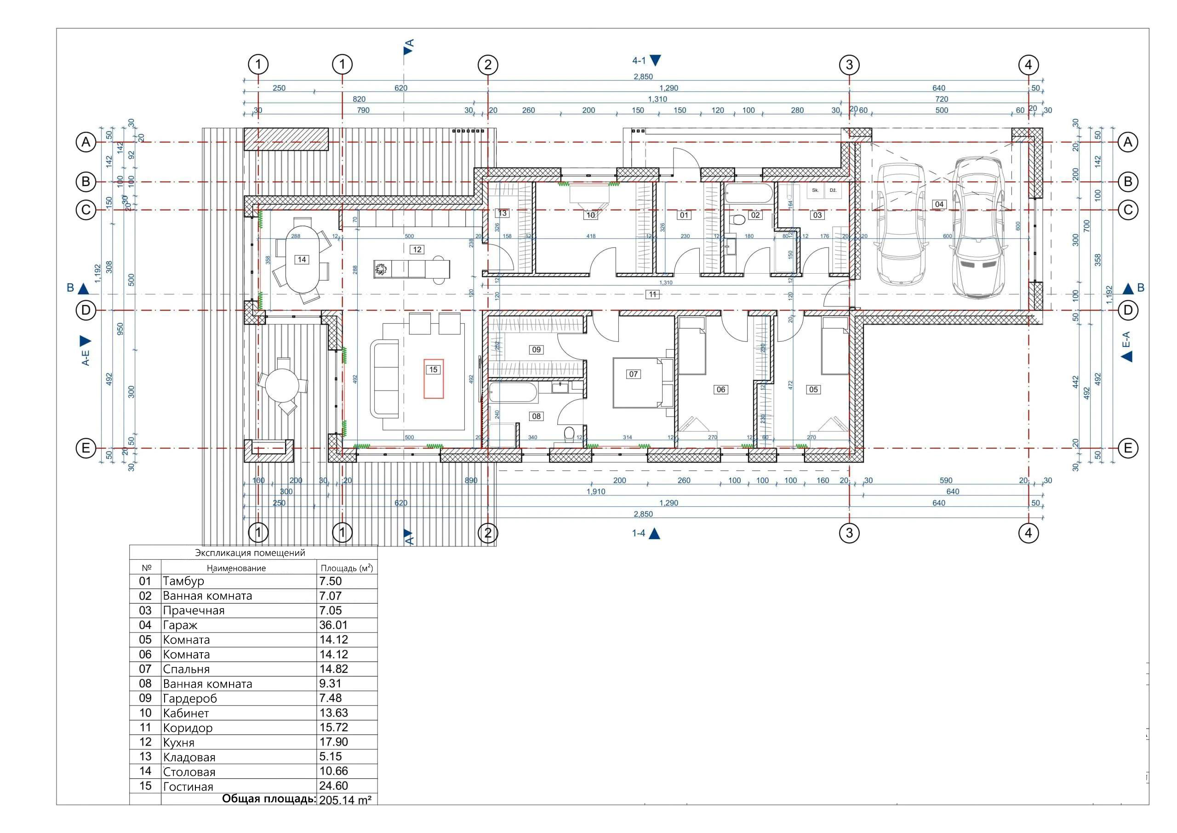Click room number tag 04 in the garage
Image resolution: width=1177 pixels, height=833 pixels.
(x=939, y=204)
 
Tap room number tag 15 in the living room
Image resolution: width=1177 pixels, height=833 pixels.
(x=433, y=369)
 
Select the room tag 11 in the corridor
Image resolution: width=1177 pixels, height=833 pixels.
(x=652, y=294)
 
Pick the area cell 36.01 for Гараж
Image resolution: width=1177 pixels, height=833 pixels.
(x=334, y=625)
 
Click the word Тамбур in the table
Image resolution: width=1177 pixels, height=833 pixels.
(x=183, y=581)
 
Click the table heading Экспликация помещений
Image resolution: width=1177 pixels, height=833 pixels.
(x=250, y=552)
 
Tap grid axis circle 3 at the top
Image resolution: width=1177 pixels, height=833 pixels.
(x=849, y=65)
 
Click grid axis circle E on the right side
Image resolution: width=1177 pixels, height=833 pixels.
(x=1127, y=448)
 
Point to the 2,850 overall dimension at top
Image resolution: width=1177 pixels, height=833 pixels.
(x=643, y=76)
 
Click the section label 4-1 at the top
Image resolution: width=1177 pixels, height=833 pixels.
(x=639, y=61)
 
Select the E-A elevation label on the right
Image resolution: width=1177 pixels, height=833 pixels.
(x=1126, y=339)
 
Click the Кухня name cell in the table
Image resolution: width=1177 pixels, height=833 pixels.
(x=179, y=742)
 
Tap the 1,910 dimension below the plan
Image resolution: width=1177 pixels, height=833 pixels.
(x=596, y=491)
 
